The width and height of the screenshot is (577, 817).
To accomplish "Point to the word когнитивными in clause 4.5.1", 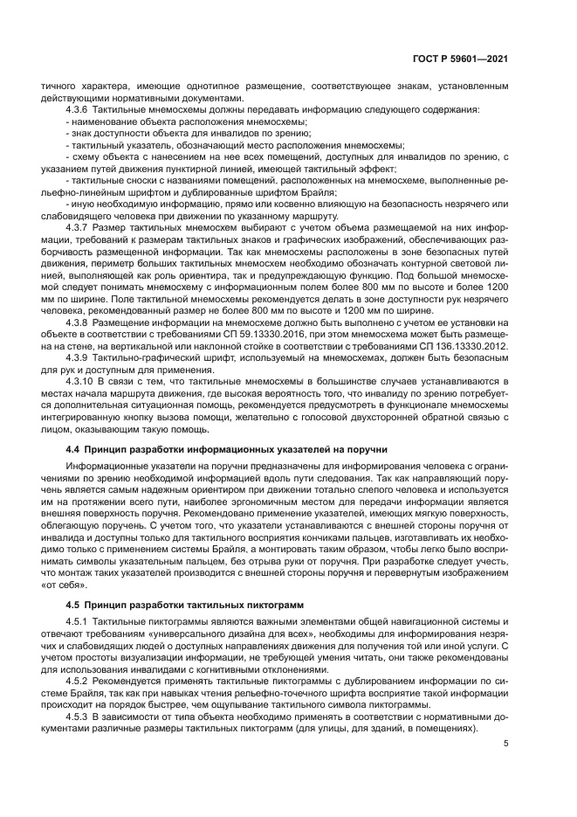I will pos(222,668).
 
